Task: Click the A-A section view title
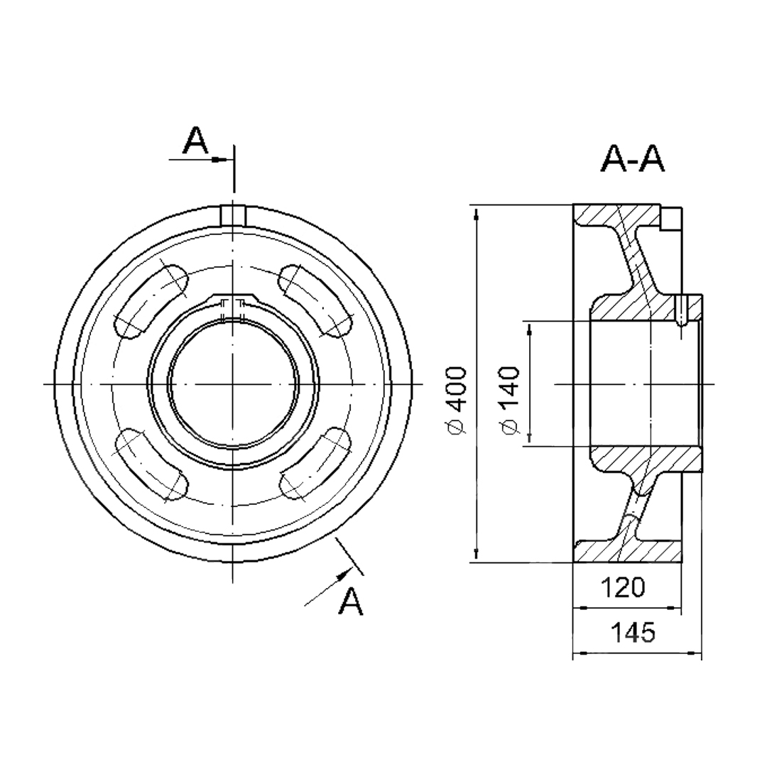click(632, 159)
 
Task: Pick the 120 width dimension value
click(624, 587)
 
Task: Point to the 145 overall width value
click(633, 633)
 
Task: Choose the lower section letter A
click(352, 601)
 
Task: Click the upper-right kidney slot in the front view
click(315, 300)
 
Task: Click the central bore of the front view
click(234, 383)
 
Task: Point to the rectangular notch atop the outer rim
click(233, 215)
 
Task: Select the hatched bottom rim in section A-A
click(626, 551)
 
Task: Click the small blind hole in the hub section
click(681, 310)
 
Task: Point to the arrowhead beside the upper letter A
click(219, 160)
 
